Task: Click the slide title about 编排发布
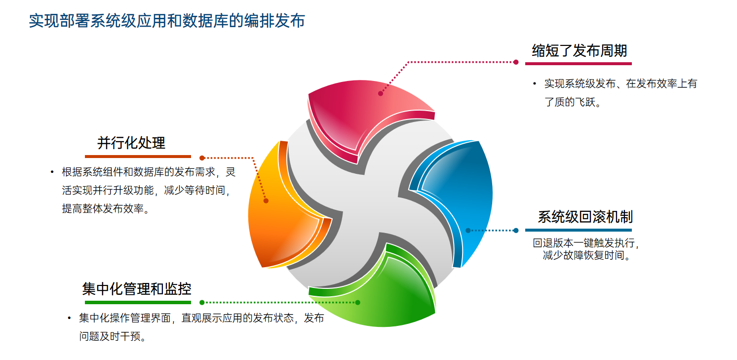pos(167,21)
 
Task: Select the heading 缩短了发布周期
pos(580,51)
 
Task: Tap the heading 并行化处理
pos(131,143)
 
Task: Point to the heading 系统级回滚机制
pos(585,217)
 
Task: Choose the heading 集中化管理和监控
pos(137,289)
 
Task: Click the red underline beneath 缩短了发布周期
pos(578,64)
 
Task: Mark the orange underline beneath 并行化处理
pos(138,157)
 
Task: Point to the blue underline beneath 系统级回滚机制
pos(578,230)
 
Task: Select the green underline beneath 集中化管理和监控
pos(138,302)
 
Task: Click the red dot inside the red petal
pos(380,93)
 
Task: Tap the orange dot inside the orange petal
pos(266,200)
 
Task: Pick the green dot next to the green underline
pos(202,302)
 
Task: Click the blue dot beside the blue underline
pos(516,230)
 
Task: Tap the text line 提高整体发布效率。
pos(106,208)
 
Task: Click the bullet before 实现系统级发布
pos(535,83)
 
